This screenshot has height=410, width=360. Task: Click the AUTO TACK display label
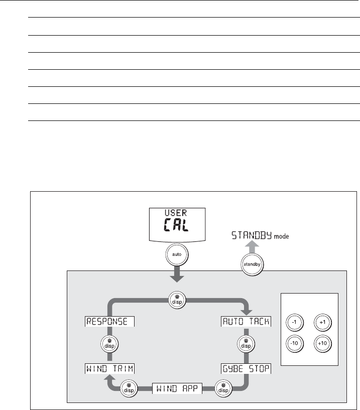pyautogui.click(x=246, y=321)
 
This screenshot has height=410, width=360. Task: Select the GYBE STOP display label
pyautogui.click(x=246, y=369)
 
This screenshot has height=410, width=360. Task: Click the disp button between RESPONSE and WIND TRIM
pyautogui.click(x=109, y=344)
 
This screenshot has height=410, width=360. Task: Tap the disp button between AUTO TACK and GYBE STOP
pyautogui.click(x=246, y=344)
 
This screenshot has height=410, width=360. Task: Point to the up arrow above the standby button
pyautogui.click(x=253, y=246)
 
